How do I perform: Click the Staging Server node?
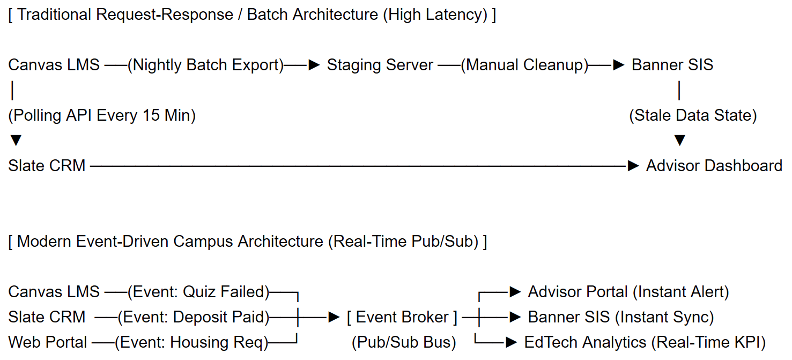tap(380, 65)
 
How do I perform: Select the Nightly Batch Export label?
tap(206, 65)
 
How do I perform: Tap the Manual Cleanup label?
tap(525, 65)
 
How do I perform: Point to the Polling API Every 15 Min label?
tap(102, 116)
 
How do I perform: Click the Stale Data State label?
tap(693, 116)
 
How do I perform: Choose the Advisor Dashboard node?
tap(714, 166)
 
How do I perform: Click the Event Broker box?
tap(402, 317)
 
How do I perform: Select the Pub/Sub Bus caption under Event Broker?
tap(404, 342)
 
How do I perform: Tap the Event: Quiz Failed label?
tap(198, 292)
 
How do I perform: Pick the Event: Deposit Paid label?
tap(194, 317)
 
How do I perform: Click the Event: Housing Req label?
tap(191, 342)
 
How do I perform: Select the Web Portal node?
tap(47, 342)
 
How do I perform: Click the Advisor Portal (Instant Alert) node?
tap(628, 292)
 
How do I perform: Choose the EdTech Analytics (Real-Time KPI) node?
tap(645, 342)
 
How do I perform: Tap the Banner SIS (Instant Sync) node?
tap(621, 317)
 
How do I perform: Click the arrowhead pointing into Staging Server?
tap(314, 65)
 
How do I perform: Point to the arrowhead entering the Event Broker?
tap(334, 317)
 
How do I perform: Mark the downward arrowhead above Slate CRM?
tap(16, 141)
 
